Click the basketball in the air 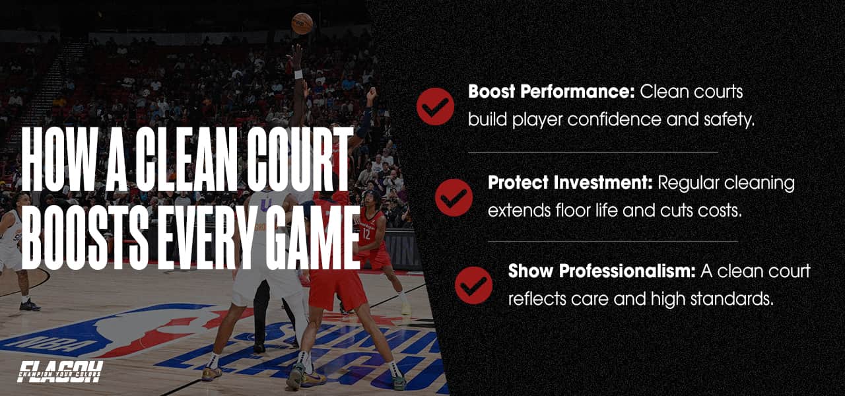pos(302,24)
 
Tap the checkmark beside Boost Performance pos(435,106)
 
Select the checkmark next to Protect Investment pos(454,197)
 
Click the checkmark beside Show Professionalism pos(473,285)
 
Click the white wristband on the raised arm pos(298,74)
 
